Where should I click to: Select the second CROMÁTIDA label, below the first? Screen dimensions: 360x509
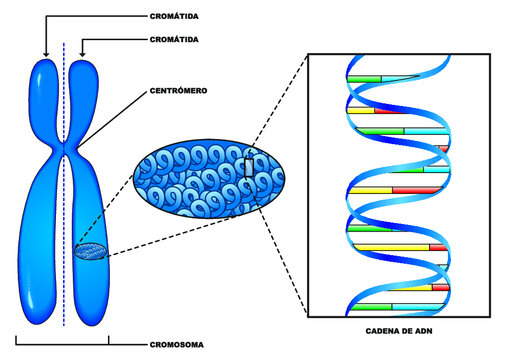pos(168,39)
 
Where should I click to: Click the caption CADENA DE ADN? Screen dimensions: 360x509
pos(400,329)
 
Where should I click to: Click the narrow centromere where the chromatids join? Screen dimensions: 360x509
pos(65,150)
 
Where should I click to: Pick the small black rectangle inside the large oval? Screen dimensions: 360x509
pos(248,168)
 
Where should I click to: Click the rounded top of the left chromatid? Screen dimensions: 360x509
pos(45,66)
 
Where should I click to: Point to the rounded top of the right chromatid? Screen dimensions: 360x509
pos(83,66)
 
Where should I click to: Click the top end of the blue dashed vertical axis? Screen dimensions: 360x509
pos(65,45)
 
